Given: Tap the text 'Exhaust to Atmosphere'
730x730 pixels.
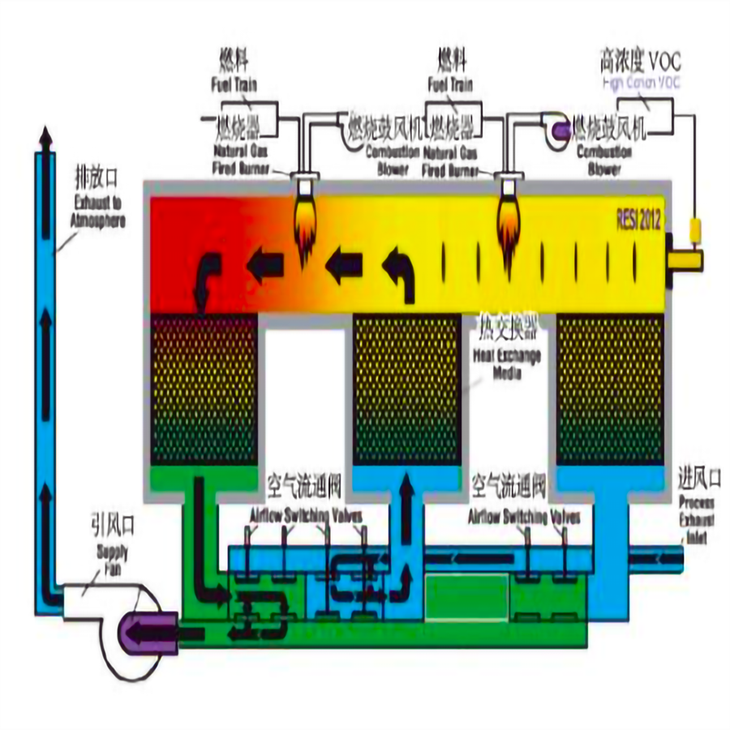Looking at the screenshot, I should pyautogui.click(x=93, y=209).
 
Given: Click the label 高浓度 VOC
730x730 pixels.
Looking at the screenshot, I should pyautogui.click(x=640, y=62).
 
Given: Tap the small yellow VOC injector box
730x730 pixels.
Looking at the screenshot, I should pyautogui.click(x=696, y=232).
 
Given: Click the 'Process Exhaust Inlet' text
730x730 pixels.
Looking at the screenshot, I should pyautogui.click(x=698, y=519).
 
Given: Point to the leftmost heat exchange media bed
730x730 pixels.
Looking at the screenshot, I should pyautogui.click(x=204, y=389).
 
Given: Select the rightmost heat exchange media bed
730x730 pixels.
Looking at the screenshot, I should pyautogui.click(x=610, y=389).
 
